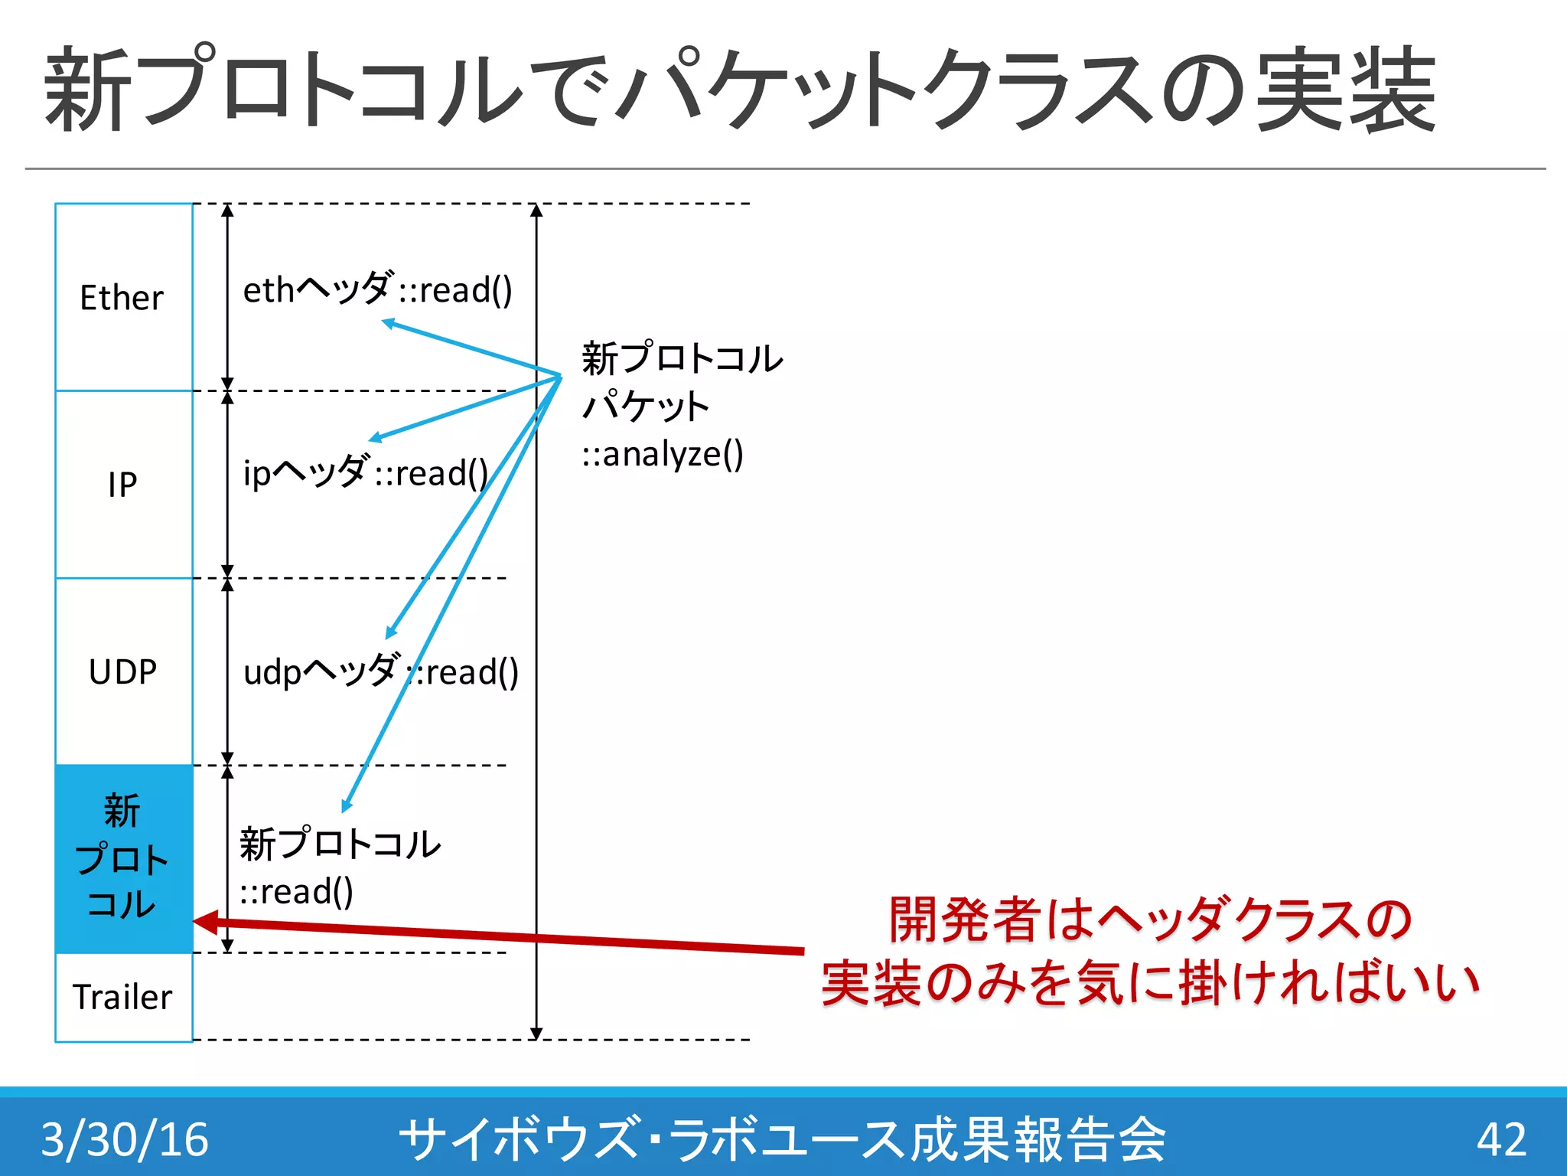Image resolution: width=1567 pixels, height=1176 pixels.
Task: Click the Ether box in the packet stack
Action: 123,297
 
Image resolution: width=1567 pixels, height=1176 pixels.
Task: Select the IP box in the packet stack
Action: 123,484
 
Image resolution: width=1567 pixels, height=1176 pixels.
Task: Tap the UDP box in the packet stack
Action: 123,671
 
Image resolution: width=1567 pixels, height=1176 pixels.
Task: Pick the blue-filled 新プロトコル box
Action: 123,857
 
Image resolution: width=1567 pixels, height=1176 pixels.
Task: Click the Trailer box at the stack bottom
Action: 123,997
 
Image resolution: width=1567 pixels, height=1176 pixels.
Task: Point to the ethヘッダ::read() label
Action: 377,289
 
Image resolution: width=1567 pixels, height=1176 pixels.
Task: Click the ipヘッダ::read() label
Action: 365,472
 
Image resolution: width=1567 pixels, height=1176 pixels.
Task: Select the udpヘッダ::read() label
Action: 380,671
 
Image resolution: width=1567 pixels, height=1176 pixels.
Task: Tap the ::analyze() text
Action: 663,454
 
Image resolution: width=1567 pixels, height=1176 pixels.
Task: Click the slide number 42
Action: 1501,1138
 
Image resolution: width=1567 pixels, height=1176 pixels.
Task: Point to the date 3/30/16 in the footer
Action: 125,1138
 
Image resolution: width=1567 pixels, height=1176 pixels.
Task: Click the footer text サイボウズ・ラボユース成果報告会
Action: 782,1138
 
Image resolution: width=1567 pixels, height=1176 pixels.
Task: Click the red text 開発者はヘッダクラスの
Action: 1149,919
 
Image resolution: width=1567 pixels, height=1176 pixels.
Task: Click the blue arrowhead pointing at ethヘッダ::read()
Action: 388,323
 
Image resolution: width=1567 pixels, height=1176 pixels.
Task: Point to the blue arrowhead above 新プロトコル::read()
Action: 347,806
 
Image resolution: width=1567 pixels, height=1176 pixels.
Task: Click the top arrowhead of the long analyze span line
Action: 536,211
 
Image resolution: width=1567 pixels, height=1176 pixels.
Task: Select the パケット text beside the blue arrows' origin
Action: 646,406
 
